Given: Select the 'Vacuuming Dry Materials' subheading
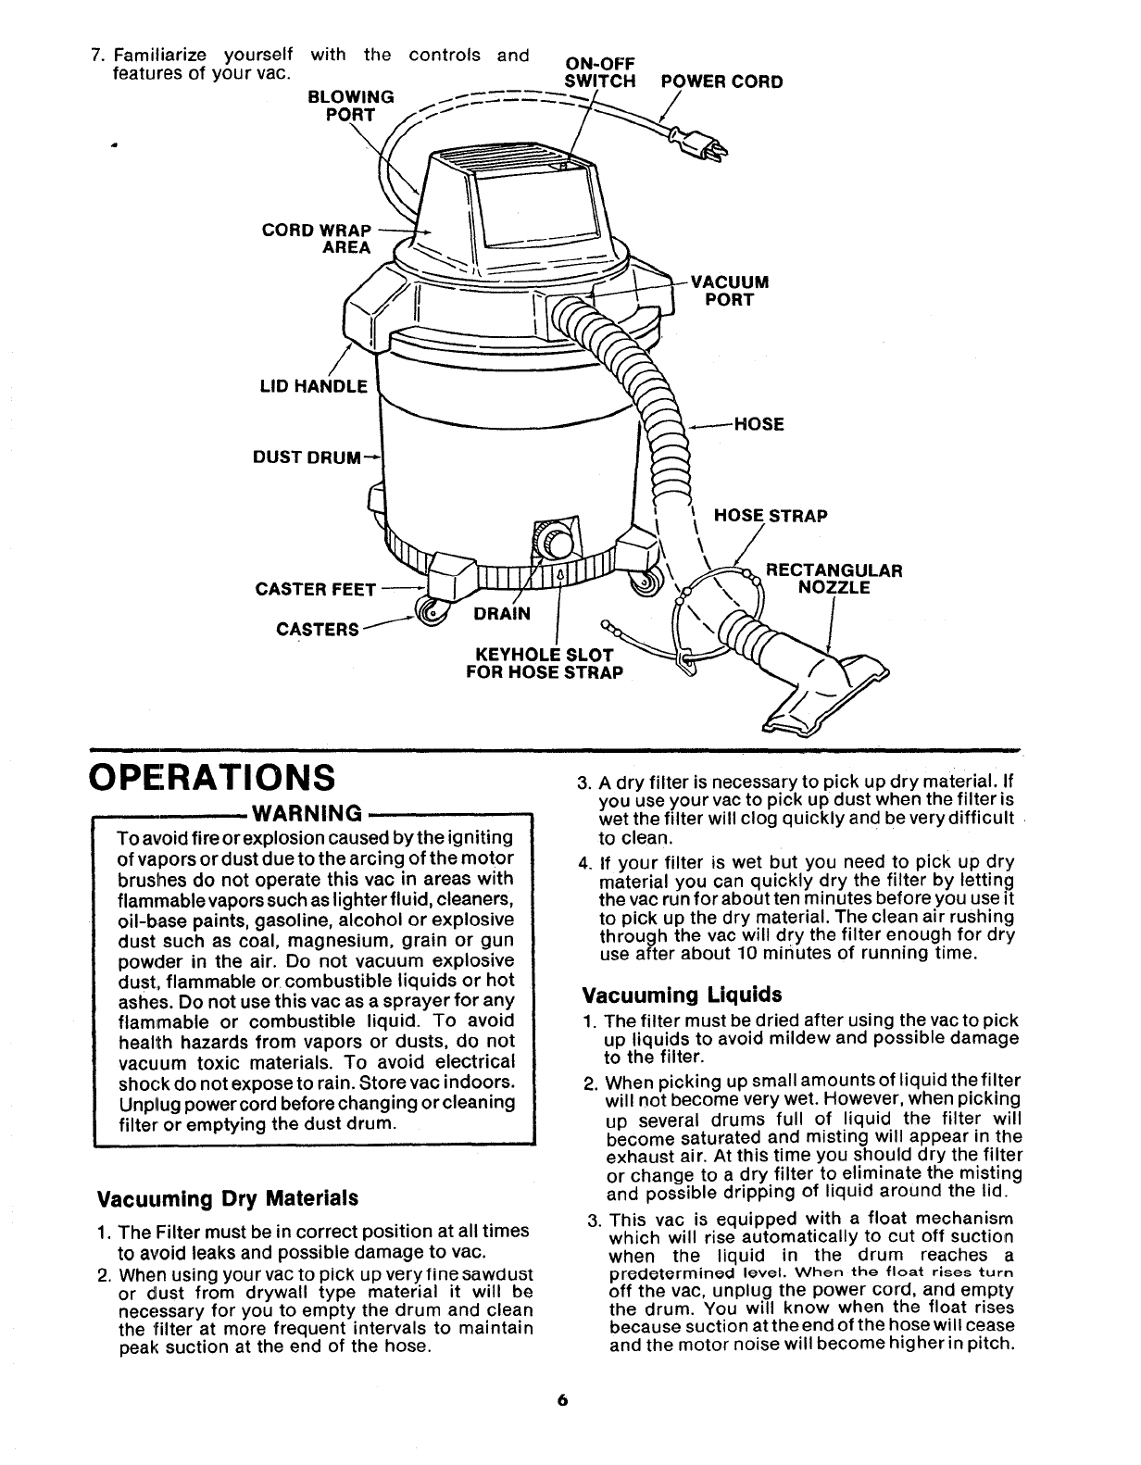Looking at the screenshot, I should coord(228,1197).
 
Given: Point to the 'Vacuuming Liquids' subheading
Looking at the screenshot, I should coord(682,995).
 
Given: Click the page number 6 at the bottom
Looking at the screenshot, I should coord(562,1427).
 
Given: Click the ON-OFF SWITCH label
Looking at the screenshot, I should coord(600,71).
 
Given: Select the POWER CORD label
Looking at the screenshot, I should coord(721,81).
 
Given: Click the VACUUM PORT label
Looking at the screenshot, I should coord(730,291).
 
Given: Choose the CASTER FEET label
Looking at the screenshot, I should coord(315,590).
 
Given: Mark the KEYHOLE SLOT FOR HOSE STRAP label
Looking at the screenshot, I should coord(545,664).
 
